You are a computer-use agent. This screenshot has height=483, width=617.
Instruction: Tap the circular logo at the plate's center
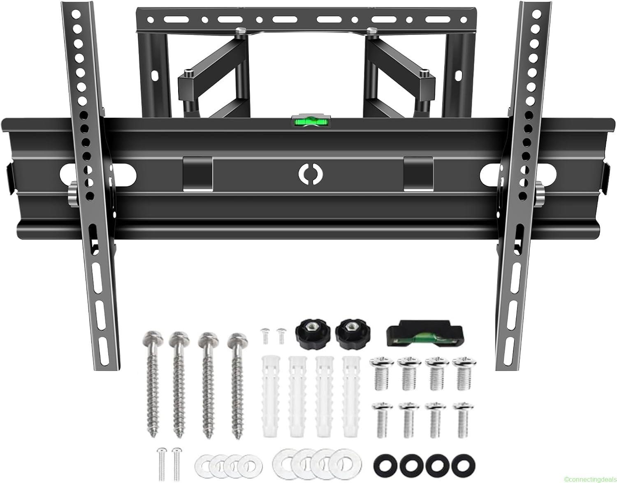308,174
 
